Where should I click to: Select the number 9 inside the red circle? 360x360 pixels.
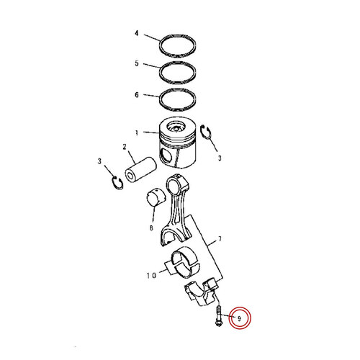tap(238, 317)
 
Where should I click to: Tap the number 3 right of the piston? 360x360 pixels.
tap(220, 158)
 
